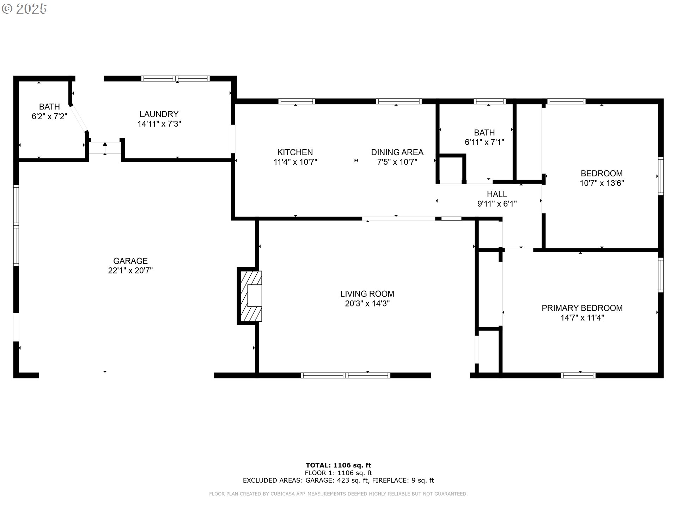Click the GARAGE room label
[x=130, y=261]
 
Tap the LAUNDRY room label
[x=159, y=114]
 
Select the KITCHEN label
[x=295, y=152]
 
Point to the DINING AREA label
[x=397, y=152]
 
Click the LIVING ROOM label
[x=367, y=294]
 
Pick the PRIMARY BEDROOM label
[x=582, y=308]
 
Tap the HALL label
[x=497, y=194]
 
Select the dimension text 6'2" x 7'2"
[x=49, y=116]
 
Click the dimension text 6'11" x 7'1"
[x=484, y=142]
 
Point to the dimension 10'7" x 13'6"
[x=602, y=183]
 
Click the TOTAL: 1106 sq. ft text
[x=338, y=465]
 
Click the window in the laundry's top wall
[x=175, y=78]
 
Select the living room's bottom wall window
[x=346, y=375]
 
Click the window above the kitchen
[x=297, y=101]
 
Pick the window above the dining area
[x=398, y=101]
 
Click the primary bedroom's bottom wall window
[x=578, y=375]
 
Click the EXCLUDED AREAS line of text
[x=338, y=480]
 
